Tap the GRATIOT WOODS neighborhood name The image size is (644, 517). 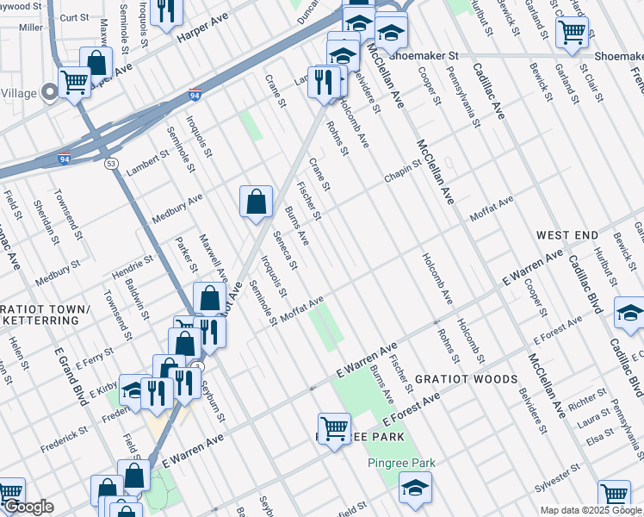coord(467,379)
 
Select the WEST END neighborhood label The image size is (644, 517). coord(567,234)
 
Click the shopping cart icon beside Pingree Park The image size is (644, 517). coord(333,426)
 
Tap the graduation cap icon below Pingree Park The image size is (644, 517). coord(414,489)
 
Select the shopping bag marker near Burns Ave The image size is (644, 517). coord(256,202)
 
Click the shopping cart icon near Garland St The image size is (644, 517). coord(572,33)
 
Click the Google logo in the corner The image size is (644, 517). coord(28,508)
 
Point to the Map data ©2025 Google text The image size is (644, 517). coord(591,510)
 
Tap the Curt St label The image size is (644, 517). coord(75,17)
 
